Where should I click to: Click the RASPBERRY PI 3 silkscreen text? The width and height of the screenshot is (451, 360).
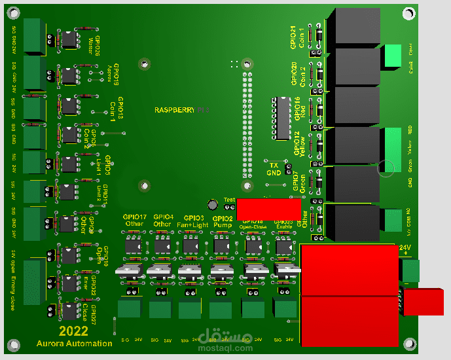coord(181,111)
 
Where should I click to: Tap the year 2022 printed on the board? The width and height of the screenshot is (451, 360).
coord(73,331)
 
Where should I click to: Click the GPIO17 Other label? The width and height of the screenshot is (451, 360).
coord(134,221)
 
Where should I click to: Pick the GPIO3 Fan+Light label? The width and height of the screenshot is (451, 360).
coord(194,221)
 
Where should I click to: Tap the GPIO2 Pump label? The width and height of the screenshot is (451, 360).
coord(223,221)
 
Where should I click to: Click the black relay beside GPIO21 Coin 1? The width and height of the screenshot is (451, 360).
coord(353,27)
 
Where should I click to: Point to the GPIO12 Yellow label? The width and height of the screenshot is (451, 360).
coord(300,144)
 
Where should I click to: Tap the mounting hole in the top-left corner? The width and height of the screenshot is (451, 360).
coord(12,13)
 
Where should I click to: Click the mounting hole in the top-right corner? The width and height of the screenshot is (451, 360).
coord(410,13)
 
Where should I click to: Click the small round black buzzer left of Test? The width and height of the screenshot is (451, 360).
coord(213,205)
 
